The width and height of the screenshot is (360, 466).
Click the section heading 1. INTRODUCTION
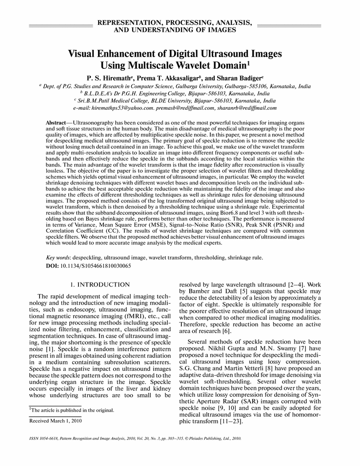click(100, 284)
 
